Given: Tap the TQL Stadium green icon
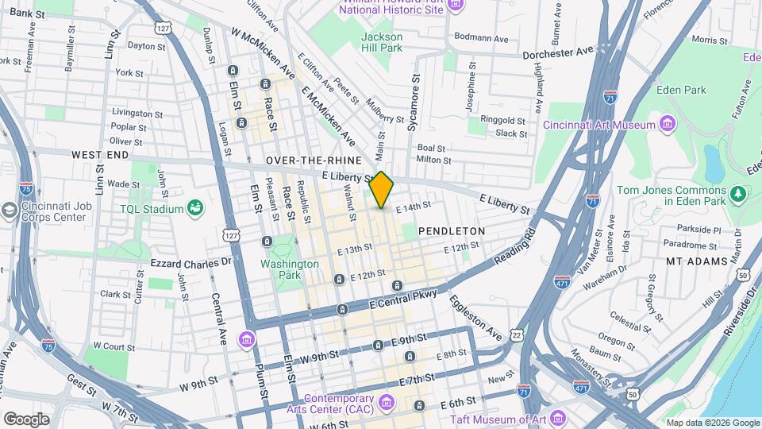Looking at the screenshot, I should click(x=194, y=208).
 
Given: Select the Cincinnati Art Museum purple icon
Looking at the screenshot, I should click(x=668, y=125).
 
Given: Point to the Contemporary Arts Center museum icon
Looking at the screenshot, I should click(x=387, y=404).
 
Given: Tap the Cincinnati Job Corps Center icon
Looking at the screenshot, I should click(x=10, y=211).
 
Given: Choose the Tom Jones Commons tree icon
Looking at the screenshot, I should click(x=739, y=193).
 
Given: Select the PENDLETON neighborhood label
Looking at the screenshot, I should click(x=451, y=230).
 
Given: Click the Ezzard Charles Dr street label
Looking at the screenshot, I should click(x=190, y=261).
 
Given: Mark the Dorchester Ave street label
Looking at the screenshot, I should click(x=558, y=52).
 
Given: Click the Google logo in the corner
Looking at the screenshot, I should click(x=26, y=419).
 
